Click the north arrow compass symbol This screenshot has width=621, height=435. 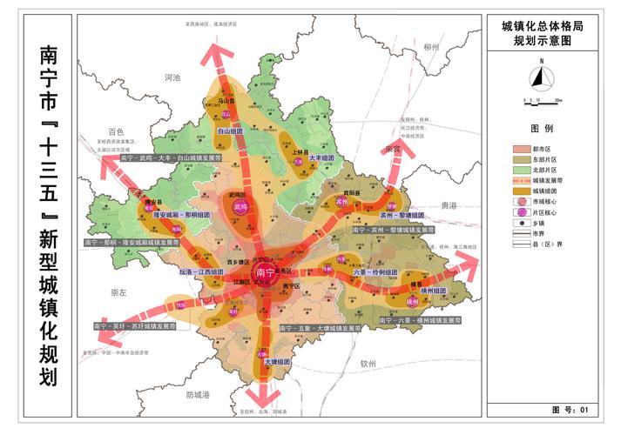[x=542, y=77]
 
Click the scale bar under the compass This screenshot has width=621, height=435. [x=541, y=102]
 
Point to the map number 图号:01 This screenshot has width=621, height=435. [x=571, y=409]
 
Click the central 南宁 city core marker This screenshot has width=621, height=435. [x=264, y=272]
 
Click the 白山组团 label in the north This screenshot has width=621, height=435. [x=230, y=131]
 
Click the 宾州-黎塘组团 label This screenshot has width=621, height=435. [x=400, y=214]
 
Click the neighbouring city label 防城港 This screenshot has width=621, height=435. [x=198, y=395]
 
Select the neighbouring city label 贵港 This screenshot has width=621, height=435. [x=448, y=206]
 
